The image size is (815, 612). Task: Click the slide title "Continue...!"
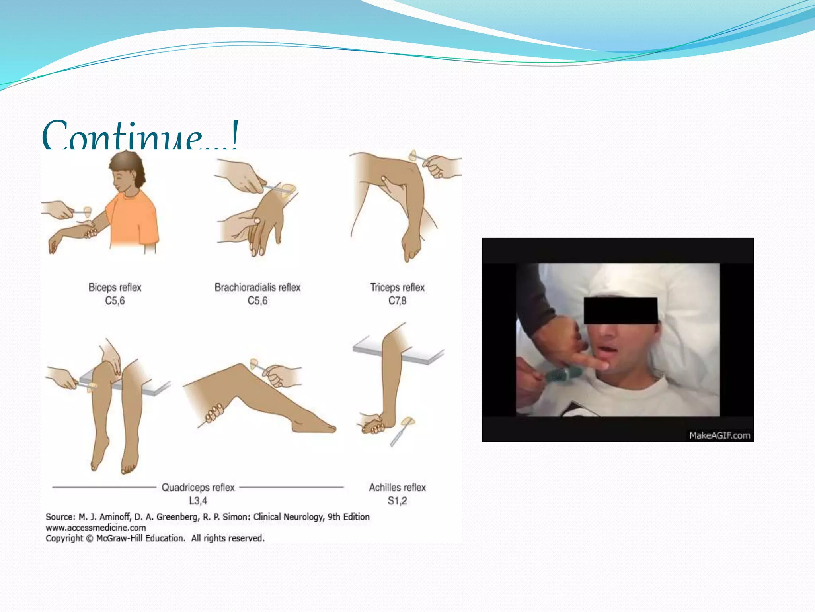point(140,135)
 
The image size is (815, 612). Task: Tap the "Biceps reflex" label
point(115,287)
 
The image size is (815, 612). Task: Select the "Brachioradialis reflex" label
point(257,287)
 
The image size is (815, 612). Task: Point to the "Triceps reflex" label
point(397,287)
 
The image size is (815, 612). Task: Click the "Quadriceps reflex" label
point(198,487)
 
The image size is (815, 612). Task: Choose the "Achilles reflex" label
point(397,487)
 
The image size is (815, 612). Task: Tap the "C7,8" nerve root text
point(397,301)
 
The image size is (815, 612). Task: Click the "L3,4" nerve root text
point(198,501)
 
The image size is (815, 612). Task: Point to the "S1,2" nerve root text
point(397,501)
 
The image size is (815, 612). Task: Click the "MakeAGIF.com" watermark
point(719,435)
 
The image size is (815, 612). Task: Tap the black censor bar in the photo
point(620,310)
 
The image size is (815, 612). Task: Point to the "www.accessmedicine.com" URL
point(96,528)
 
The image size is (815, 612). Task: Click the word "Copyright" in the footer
point(64,538)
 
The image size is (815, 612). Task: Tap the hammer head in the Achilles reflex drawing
point(407,421)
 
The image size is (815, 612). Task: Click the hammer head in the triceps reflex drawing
point(414,155)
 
